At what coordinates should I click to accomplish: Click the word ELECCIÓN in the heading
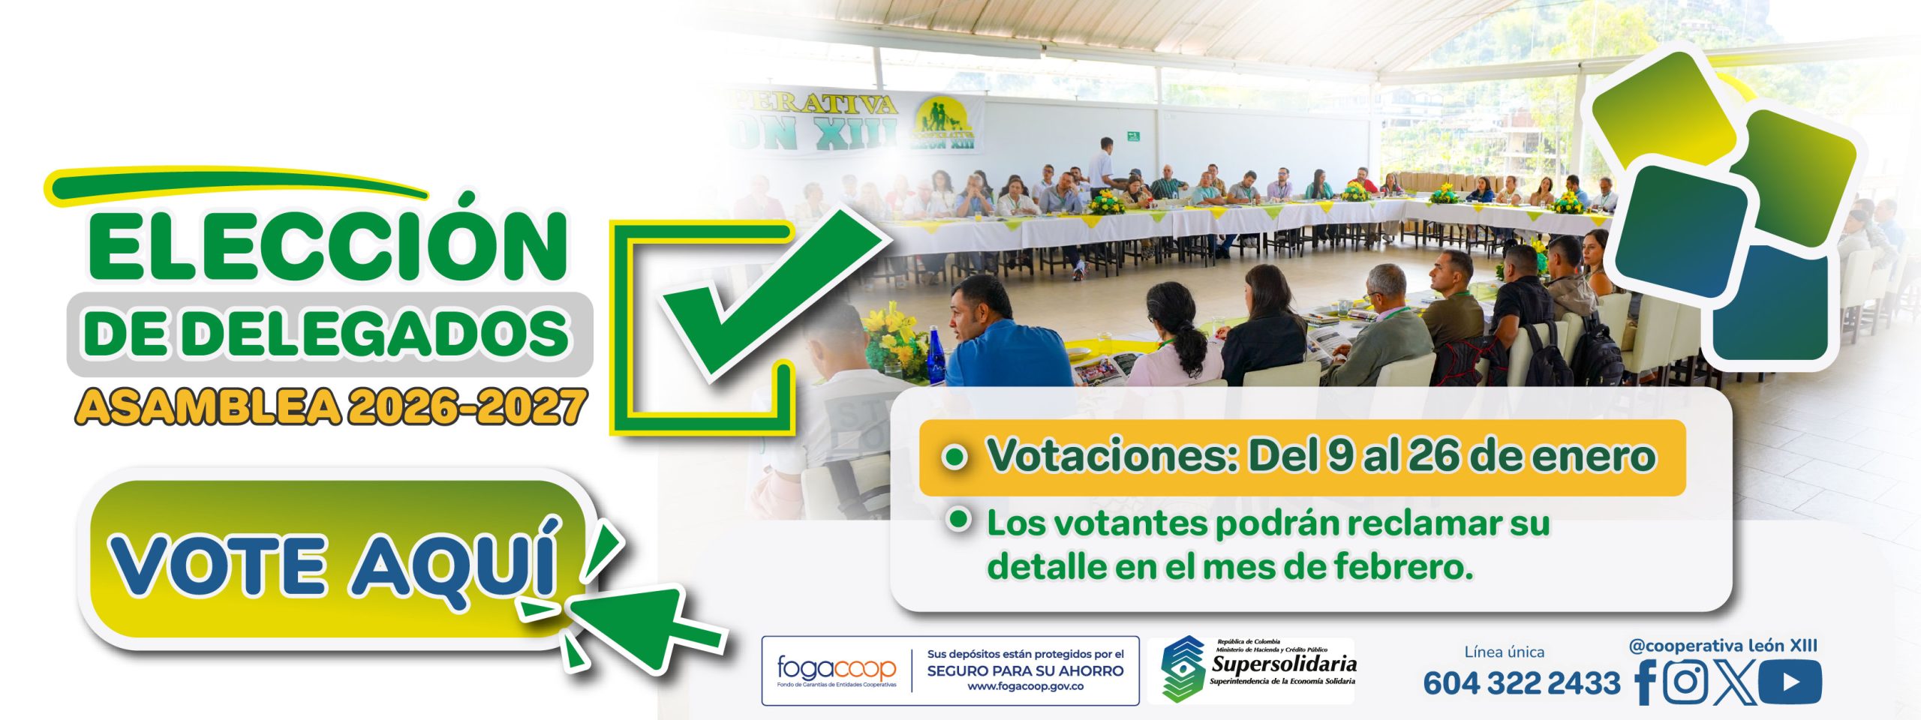pyautogui.click(x=327, y=246)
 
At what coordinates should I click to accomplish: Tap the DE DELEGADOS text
pyautogui.click(x=327, y=334)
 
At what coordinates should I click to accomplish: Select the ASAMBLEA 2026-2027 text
pyautogui.click(x=330, y=407)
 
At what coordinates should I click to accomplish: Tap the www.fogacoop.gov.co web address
pyautogui.click(x=1025, y=686)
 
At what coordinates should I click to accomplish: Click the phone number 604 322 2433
pyautogui.click(x=1521, y=683)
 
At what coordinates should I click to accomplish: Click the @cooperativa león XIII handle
pyautogui.click(x=1723, y=646)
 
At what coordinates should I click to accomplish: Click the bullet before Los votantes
pyautogui.click(x=958, y=520)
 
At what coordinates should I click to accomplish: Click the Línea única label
pyautogui.click(x=1504, y=652)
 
